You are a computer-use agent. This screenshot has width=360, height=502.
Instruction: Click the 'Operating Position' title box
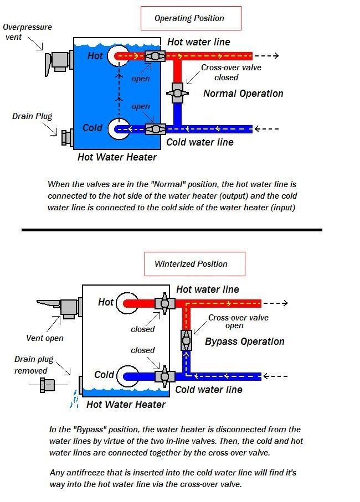point(190,18)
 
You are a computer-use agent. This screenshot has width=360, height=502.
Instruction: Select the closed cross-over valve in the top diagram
point(177,92)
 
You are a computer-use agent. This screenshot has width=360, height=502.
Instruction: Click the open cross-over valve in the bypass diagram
point(186,339)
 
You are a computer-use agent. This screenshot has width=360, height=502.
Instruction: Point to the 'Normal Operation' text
point(243,94)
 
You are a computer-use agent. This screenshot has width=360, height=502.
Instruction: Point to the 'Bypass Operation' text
point(244,341)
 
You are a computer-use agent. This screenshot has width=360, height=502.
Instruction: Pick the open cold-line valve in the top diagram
point(155,129)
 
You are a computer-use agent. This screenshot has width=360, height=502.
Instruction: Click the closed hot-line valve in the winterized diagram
point(164,303)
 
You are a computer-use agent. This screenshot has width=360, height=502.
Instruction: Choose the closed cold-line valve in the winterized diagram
point(164,376)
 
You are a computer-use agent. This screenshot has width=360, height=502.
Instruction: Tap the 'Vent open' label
point(45,338)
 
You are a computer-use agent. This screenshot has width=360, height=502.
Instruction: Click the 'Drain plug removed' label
point(31,365)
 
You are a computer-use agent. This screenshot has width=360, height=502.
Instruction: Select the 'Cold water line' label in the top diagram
point(200,142)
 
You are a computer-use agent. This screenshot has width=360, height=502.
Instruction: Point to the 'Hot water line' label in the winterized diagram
point(208,289)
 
